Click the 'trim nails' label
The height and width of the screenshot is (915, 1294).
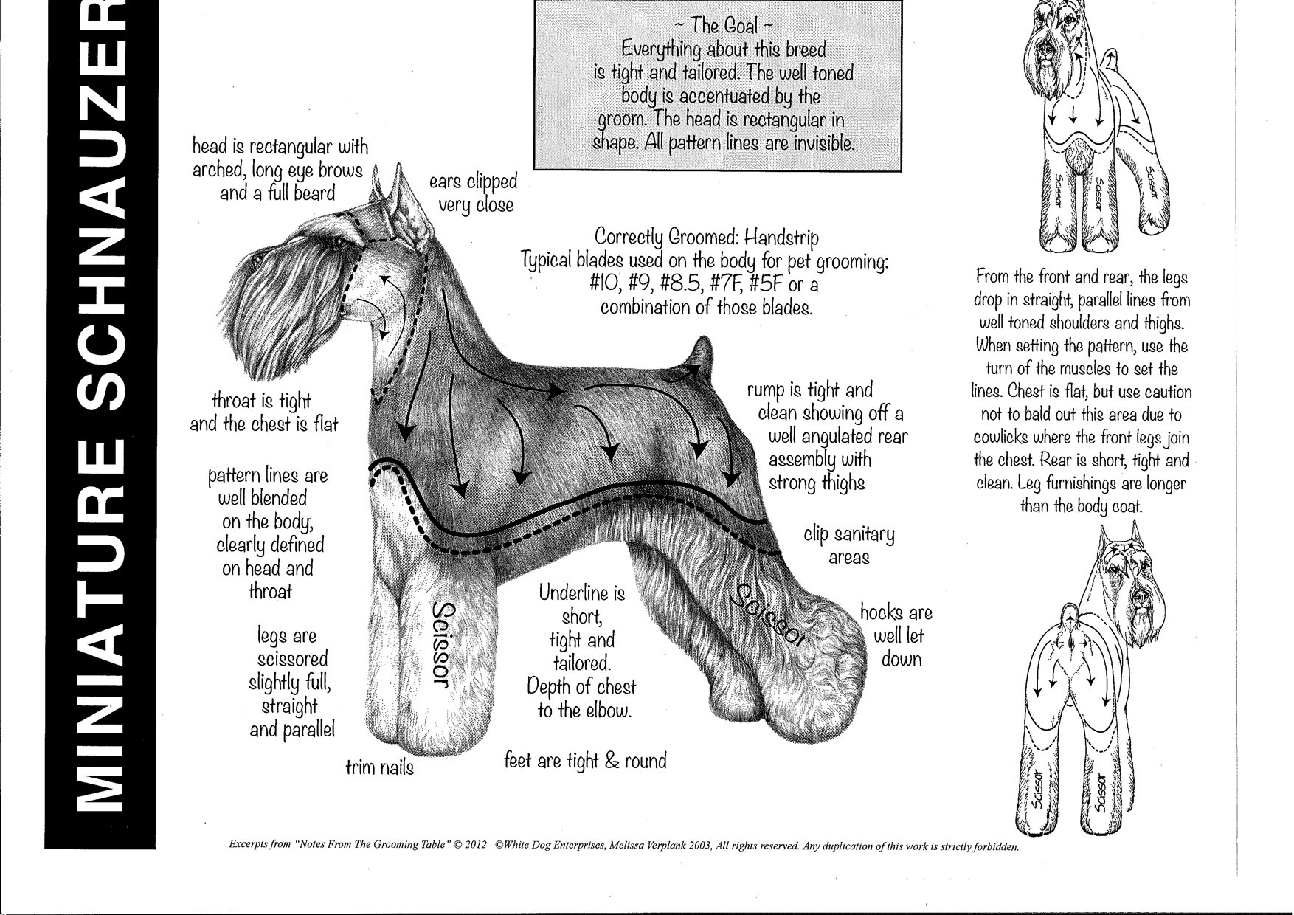pyautogui.click(x=380, y=767)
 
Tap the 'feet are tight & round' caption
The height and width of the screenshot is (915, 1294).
pyautogui.click(x=585, y=760)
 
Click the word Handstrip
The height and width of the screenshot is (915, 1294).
pyautogui.click(x=781, y=238)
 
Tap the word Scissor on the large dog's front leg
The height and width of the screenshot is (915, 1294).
pyautogui.click(x=444, y=646)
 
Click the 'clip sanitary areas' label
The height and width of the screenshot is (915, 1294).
pyautogui.click(x=848, y=545)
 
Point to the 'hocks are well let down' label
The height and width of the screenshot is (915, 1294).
pyautogui.click(x=896, y=635)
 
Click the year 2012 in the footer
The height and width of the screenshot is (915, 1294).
pyautogui.click(x=474, y=846)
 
